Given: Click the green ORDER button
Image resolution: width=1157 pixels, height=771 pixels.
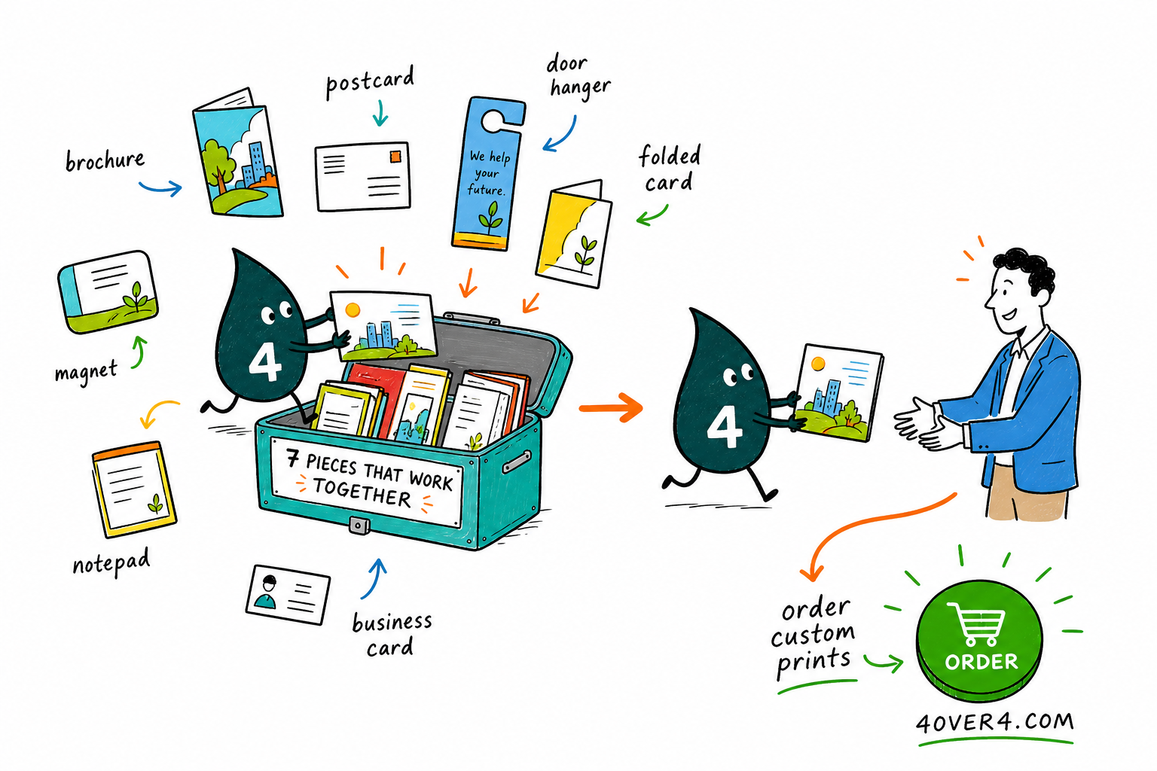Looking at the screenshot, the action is coord(979,640).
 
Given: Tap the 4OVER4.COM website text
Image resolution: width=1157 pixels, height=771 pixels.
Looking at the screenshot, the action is coord(995,722).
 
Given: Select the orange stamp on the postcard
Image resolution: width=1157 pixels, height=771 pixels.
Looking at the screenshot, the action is coord(395,156).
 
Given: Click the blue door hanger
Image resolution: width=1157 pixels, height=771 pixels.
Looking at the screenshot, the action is coord(488,173).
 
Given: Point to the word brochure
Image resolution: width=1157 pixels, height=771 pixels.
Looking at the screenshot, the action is coord(105,160).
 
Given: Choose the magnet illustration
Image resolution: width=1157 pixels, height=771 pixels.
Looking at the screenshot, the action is coord(108,292).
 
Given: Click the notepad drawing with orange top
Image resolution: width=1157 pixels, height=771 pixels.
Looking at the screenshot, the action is coord(134,489).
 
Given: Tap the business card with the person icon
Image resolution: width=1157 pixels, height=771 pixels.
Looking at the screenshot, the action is coord(288,595).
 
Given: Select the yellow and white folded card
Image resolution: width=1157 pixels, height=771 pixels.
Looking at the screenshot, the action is coord(573,233).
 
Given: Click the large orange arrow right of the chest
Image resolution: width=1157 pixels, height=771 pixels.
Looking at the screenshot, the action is coord(611,407).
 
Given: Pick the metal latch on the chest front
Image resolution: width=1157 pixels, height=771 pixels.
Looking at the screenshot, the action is coord(359,526).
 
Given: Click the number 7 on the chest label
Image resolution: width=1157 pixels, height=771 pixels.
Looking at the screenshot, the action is coord(292,458).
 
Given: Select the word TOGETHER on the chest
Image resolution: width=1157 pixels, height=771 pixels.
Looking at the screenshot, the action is coord(362,492).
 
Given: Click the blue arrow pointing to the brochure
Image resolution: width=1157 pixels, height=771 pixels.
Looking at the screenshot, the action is coord(160,187).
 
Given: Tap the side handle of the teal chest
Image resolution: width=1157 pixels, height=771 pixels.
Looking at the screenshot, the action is coord(516,461).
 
